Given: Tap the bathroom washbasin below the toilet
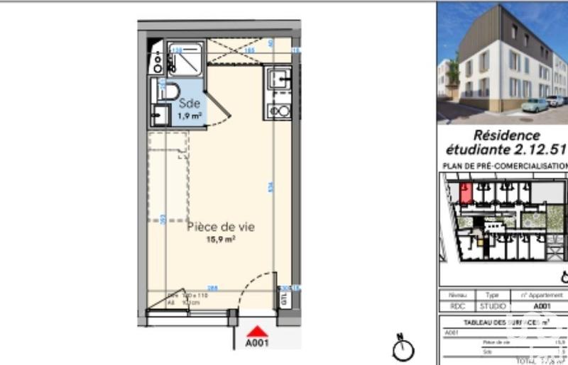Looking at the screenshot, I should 160,115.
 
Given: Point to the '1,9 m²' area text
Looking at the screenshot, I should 189,115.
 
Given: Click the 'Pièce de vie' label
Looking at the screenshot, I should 220,227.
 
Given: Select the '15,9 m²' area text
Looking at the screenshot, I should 221,240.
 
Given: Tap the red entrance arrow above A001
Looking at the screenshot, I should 257,330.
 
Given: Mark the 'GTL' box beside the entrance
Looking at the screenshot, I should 285,299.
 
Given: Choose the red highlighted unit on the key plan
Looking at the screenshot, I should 466,192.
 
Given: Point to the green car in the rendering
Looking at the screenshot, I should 534,105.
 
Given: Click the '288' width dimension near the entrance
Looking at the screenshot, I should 212,288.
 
